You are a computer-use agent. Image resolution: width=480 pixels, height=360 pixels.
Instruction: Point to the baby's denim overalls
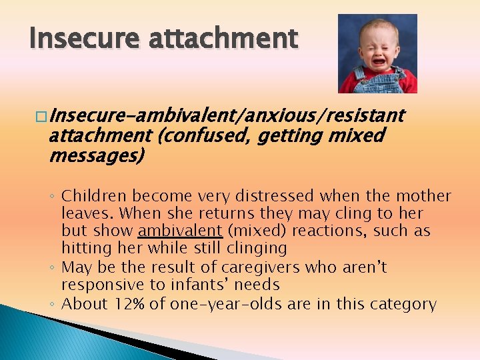pyautogui.click(x=379, y=83)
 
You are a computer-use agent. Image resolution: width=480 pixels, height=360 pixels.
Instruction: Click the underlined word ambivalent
pyautogui.click(x=180, y=231)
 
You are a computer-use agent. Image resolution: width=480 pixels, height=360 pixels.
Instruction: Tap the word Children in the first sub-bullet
pyautogui.click(x=94, y=196)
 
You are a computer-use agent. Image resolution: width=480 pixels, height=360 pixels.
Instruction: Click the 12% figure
pyautogui.click(x=127, y=304)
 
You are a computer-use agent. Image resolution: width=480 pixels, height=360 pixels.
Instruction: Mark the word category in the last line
pyautogui.click(x=403, y=304)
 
